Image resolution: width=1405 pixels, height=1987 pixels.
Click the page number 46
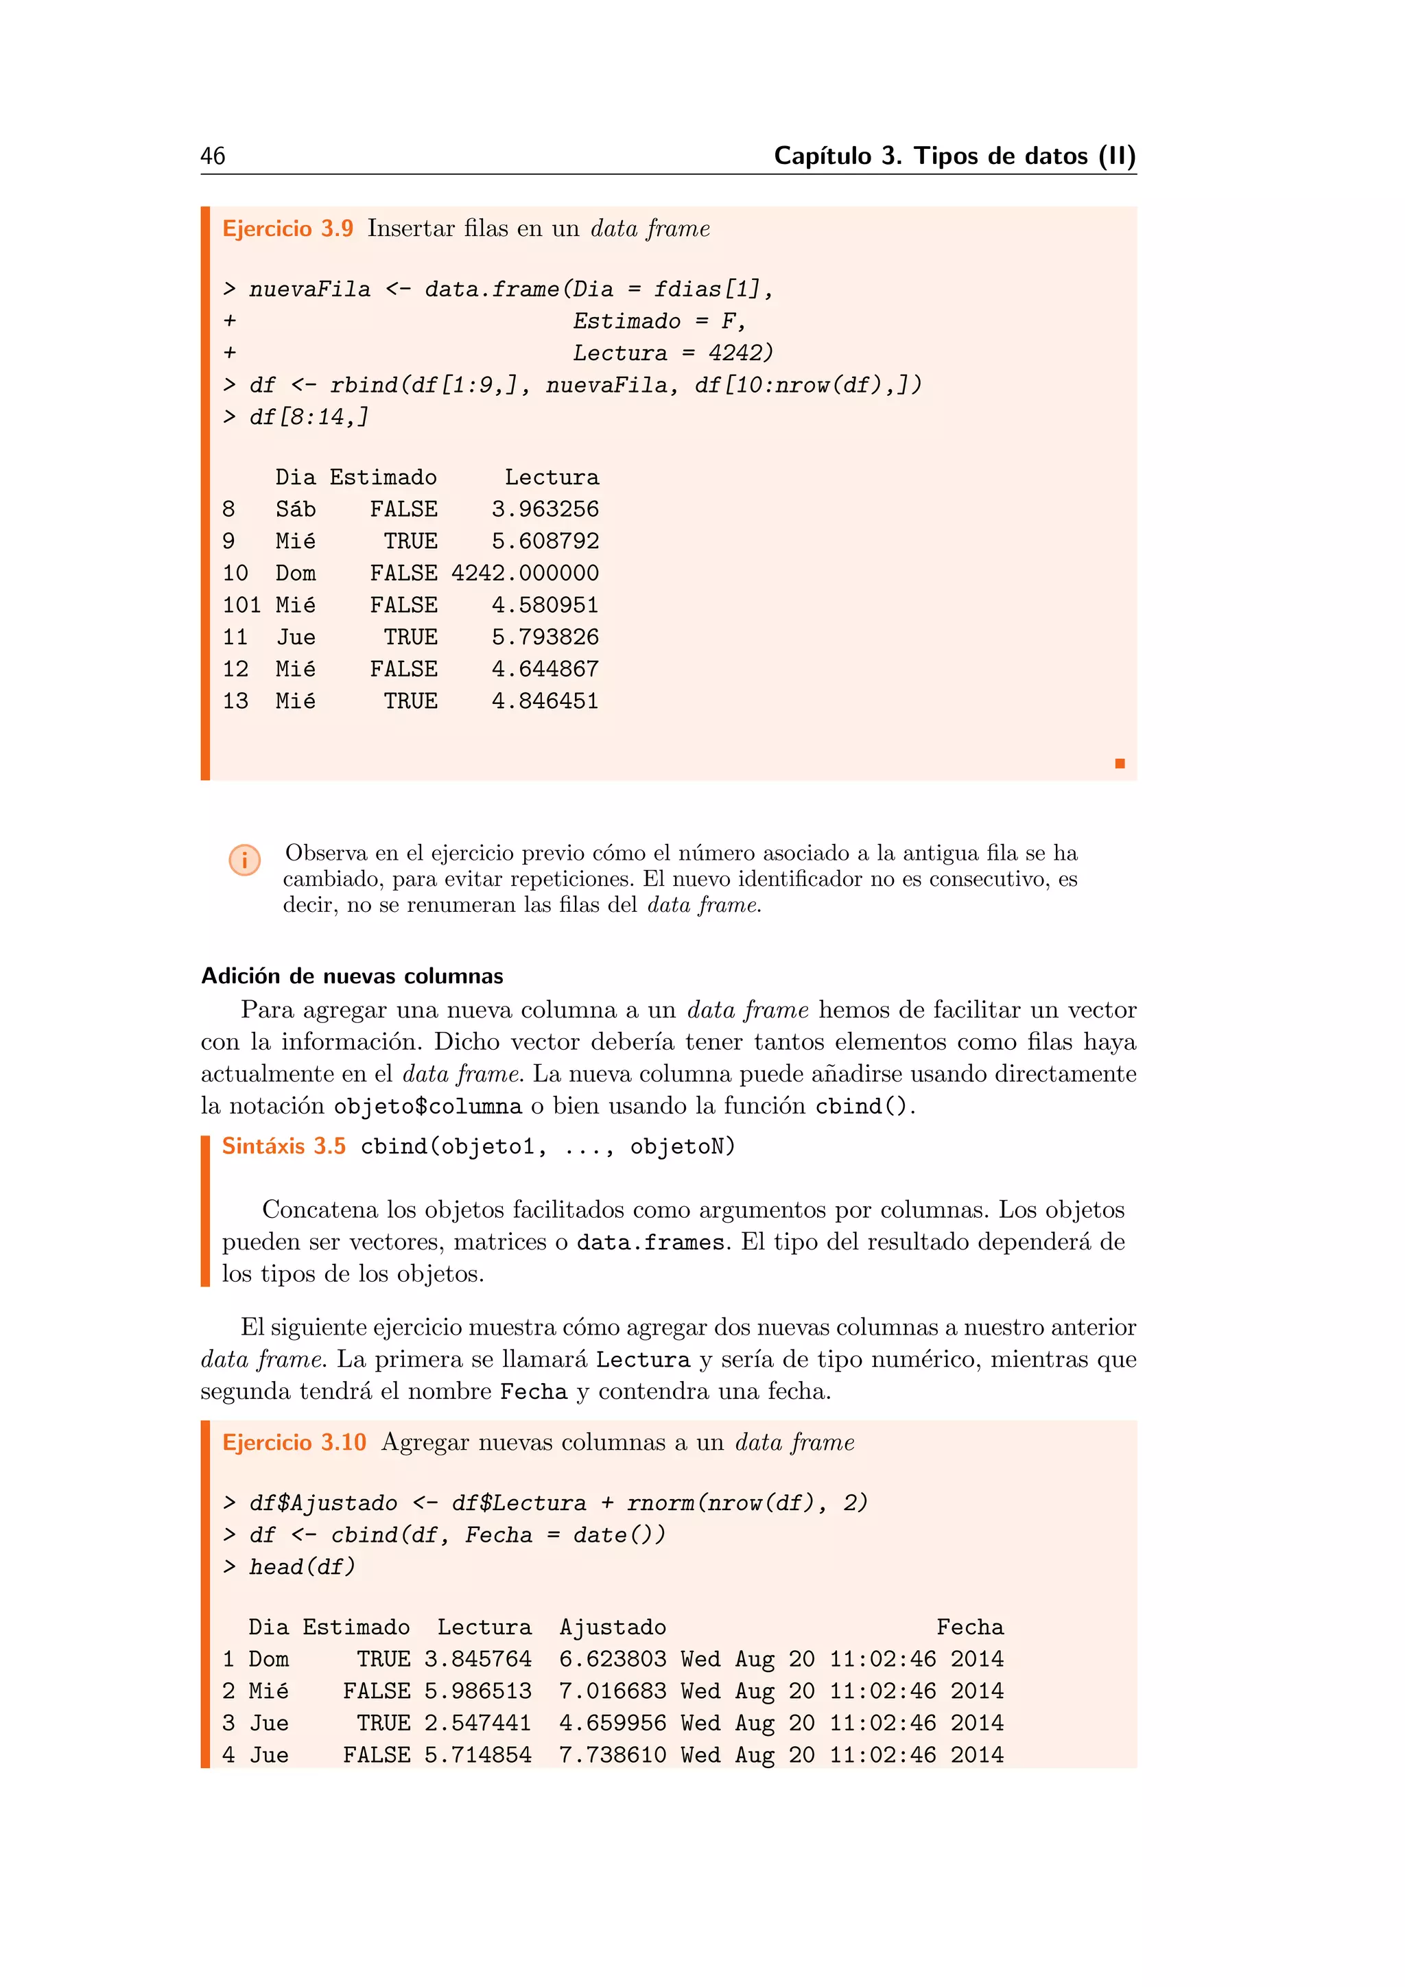213,156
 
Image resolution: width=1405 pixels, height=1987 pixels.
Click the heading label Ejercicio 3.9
287,228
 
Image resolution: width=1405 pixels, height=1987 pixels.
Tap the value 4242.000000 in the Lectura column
524,573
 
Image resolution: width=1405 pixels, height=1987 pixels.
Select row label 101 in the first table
241,605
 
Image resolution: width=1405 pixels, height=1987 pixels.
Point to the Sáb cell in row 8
295,510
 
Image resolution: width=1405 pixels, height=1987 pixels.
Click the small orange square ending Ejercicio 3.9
1120,763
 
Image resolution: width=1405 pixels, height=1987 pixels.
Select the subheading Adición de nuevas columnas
351,976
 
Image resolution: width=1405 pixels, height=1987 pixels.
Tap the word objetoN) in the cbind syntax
682,1147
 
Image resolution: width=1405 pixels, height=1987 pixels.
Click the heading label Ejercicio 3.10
294,1443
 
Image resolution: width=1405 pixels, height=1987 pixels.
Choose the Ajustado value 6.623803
612,1660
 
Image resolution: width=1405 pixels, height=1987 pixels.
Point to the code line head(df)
301,1567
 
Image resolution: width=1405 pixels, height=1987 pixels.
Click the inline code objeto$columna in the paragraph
427,1107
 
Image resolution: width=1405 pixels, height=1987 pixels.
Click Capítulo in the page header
822,156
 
